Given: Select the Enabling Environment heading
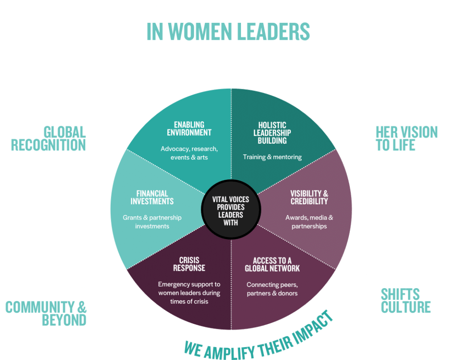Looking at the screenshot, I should [189, 128].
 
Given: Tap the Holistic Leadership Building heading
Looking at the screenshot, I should [272, 132].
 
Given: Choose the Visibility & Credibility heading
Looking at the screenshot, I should [309, 197].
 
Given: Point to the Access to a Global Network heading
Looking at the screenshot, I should [272, 265].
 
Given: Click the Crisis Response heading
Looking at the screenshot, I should [189, 264].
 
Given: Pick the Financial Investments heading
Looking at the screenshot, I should [152, 197].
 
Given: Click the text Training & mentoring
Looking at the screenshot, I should [272, 157].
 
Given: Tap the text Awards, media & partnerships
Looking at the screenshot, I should [309, 222].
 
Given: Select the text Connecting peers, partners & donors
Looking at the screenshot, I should [272, 289].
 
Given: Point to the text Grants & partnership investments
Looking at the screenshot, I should [152, 222].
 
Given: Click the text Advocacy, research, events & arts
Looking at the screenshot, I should [189, 153].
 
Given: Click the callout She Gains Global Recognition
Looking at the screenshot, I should [49, 132].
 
